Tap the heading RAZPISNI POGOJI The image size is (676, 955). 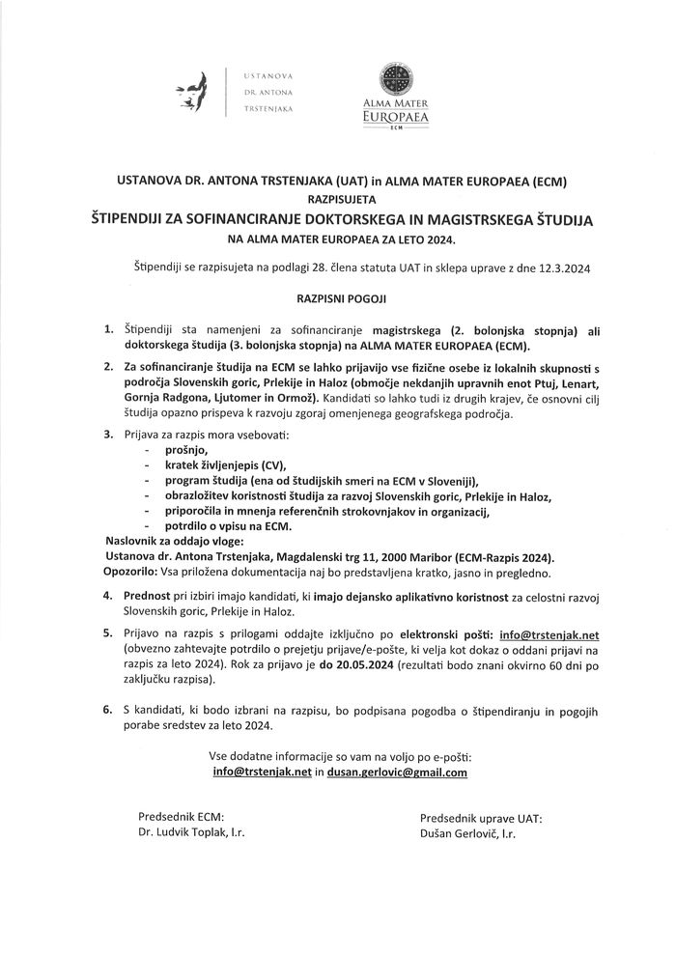pyautogui.click(x=338, y=301)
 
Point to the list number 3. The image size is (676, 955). pyautogui.click(x=108, y=435)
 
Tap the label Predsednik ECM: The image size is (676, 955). pyautogui.click(x=182, y=817)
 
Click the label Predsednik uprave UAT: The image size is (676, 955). pyautogui.click(x=481, y=817)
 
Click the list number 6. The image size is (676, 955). pyautogui.click(x=108, y=710)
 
